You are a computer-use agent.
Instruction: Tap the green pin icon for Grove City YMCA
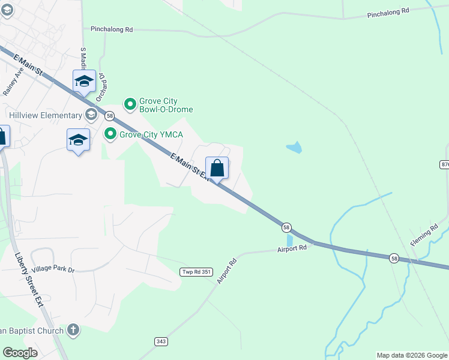pos(110,134)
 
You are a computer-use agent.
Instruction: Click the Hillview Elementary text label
pos(45,115)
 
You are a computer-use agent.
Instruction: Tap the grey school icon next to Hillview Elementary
pos(91,115)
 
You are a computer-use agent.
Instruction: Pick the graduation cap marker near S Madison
pos(84,81)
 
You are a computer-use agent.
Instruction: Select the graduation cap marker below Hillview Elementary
pos(78,140)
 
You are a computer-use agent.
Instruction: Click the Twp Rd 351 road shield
pos(196,272)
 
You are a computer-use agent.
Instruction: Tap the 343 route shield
pos(161,341)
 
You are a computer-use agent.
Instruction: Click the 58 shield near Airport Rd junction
pos(287,227)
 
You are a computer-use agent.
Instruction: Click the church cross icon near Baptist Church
pos(73,329)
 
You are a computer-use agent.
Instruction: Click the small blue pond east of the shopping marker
pos(294,147)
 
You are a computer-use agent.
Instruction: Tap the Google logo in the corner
pos(20,353)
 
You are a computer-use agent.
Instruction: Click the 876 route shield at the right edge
pos(445,164)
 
